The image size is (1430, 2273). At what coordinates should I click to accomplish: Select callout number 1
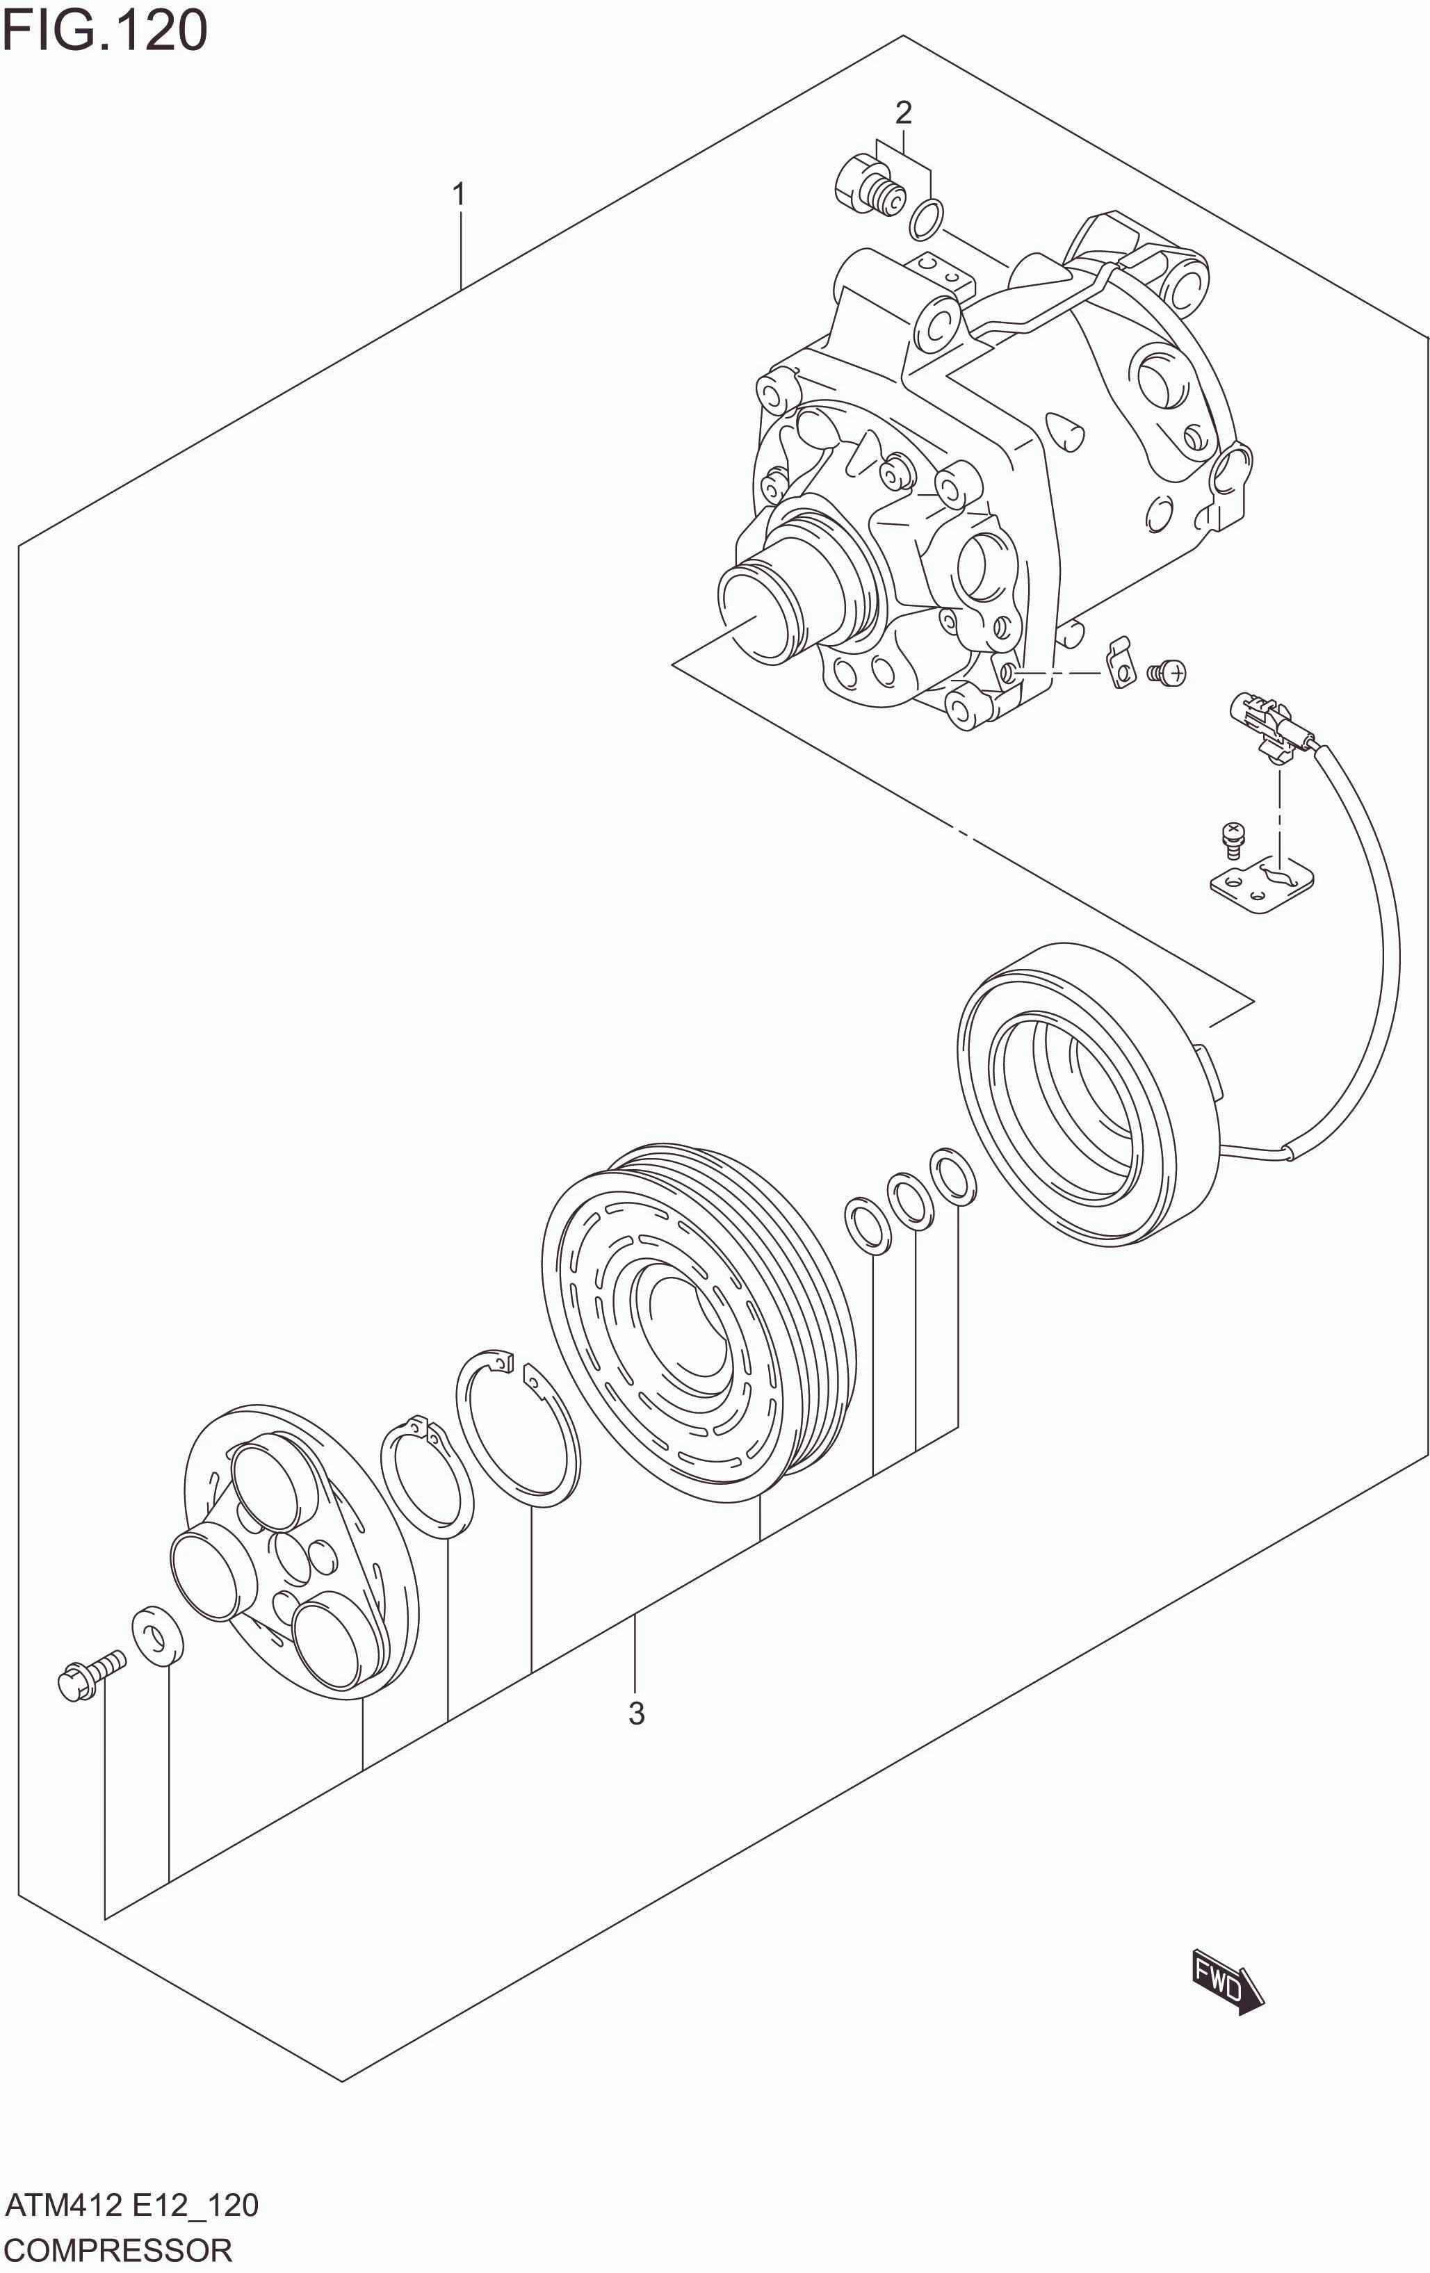[x=459, y=195]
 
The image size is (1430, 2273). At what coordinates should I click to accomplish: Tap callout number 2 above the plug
[x=903, y=113]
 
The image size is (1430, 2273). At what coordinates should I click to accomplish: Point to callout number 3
[x=636, y=1713]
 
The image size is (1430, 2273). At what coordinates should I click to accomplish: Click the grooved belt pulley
[x=699, y=1321]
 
